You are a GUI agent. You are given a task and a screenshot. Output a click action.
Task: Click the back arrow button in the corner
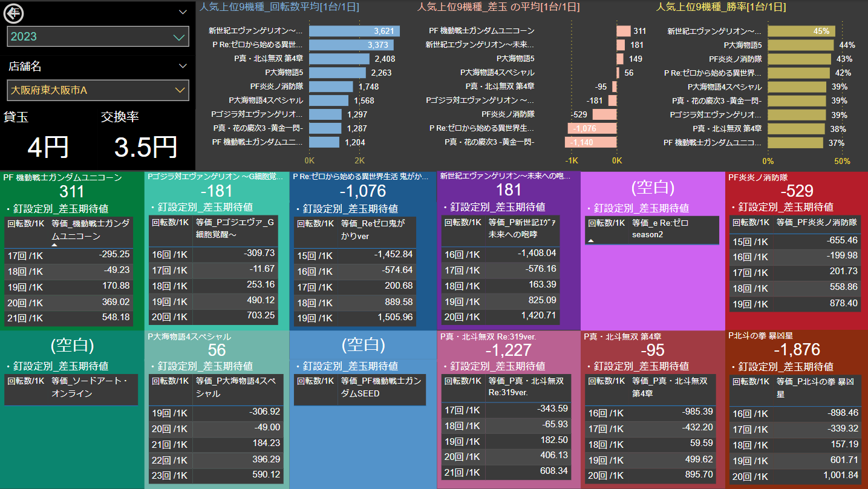(x=14, y=12)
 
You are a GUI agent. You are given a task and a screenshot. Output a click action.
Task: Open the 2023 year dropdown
(x=98, y=36)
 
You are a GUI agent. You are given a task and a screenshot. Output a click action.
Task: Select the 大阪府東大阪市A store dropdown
(x=98, y=90)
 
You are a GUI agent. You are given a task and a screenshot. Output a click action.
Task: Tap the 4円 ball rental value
(x=48, y=147)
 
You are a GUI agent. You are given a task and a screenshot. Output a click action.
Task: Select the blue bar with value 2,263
(x=337, y=73)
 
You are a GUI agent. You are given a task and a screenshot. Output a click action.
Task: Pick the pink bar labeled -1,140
(x=590, y=142)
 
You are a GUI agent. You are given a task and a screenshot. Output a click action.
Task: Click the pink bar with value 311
(x=623, y=31)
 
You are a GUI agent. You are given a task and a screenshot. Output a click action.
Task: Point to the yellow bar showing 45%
(x=801, y=31)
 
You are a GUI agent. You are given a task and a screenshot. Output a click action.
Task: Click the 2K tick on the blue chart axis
(x=359, y=161)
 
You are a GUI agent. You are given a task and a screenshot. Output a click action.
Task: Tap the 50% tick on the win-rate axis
(x=842, y=161)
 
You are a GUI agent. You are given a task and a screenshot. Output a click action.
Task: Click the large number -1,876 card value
(x=797, y=350)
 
